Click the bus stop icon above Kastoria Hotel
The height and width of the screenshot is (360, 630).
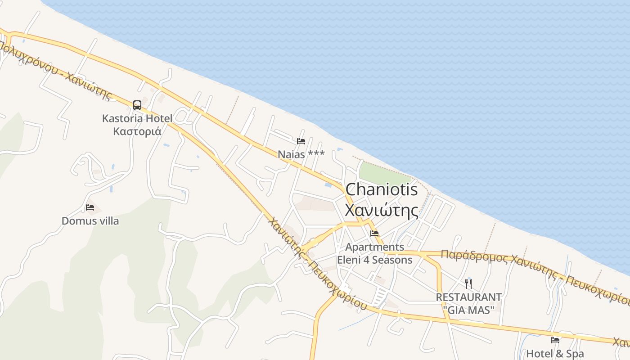click(x=137, y=105)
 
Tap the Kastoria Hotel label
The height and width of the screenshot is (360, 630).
click(x=137, y=119)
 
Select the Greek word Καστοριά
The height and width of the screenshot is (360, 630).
click(x=137, y=131)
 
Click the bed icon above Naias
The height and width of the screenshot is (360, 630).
click(x=301, y=141)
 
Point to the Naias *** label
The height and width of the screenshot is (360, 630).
click(x=301, y=154)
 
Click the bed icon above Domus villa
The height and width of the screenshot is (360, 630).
click(x=90, y=207)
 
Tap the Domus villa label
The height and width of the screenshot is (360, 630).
click(x=90, y=221)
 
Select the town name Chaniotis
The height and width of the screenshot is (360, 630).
click(x=381, y=189)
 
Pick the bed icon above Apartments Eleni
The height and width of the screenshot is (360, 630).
click(x=374, y=234)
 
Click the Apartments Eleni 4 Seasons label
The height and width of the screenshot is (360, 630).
click(x=374, y=253)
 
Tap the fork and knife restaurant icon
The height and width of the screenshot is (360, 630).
click(x=468, y=283)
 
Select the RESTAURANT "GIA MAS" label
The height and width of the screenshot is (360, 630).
click(x=468, y=303)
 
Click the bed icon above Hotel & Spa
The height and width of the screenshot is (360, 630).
click(x=555, y=340)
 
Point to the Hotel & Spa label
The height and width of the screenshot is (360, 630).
click(x=554, y=354)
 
